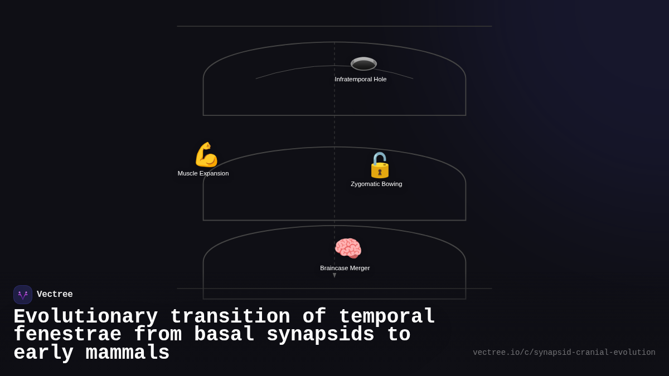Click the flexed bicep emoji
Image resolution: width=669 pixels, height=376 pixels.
pyautogui.click(x=206, y=155)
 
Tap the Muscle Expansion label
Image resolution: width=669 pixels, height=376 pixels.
pyautogui.click(x=203, y=173)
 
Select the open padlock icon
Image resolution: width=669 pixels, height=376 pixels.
pyautogui.click(x=380, y=165)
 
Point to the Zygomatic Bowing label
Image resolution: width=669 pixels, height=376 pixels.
pyautogui.click(x=376, y=184)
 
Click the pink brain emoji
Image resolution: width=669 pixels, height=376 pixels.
pyautogui.click(x=348, y=248)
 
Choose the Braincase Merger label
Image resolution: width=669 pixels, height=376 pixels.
pyautogui.click(x=345, y=268)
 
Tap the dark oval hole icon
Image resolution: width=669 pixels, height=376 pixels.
pyautogui.click(x=363, y=64)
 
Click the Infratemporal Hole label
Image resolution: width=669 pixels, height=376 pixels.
pyautogui.click(x=360, y=79)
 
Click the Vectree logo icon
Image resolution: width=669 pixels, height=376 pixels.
pyautogui.click(x=23, y=295)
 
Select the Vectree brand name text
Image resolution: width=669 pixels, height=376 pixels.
pyautogui.click(x=55, y=295)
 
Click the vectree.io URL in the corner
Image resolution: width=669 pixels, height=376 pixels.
pyautogui.click(x=564, y=353)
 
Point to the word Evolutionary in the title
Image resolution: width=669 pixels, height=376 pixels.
pyautogui.click(x=85, y=317)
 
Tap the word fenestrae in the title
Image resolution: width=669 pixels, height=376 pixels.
pyautogui.click(x=67, y=335)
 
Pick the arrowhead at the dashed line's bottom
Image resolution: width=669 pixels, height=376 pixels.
pyautogui.click(x=334, y=275)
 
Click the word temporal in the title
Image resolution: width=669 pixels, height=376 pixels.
pyautogui.click(x=386, y=317)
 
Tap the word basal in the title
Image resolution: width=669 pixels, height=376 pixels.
pyautogui.click(x=224, y=335)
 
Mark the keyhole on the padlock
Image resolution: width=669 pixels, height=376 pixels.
pyautogui.click(x=380, y=172)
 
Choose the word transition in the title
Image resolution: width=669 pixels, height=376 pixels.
pyautogui.click(x=230, y=317)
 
